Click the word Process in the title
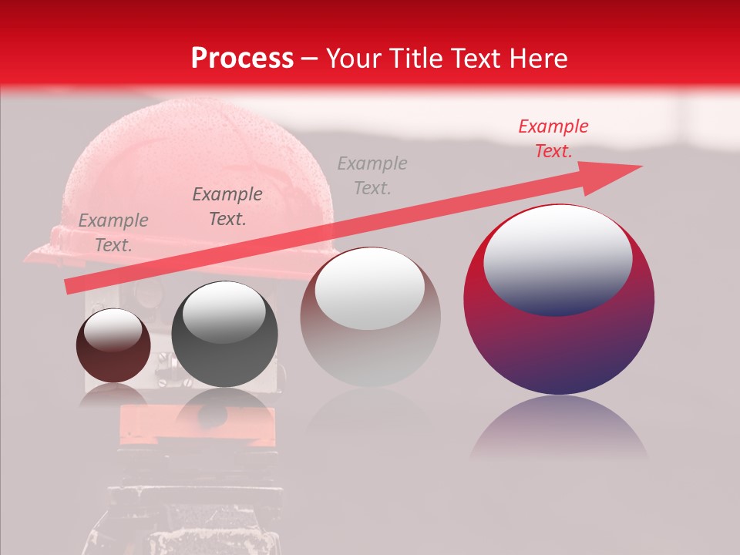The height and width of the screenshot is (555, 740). (x=242, y=58)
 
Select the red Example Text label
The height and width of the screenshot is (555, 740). (x=553, y=139)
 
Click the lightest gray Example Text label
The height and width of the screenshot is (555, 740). (x=372, y=175)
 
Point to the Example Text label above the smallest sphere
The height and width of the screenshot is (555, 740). (x=113, y=232)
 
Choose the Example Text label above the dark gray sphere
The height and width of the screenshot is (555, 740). (x=227, y=206)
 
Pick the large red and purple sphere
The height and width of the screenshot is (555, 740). (x=559, y=339)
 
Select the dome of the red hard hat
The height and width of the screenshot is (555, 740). (x=200, y=162)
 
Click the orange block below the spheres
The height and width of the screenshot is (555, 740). (x=197, y=425)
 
